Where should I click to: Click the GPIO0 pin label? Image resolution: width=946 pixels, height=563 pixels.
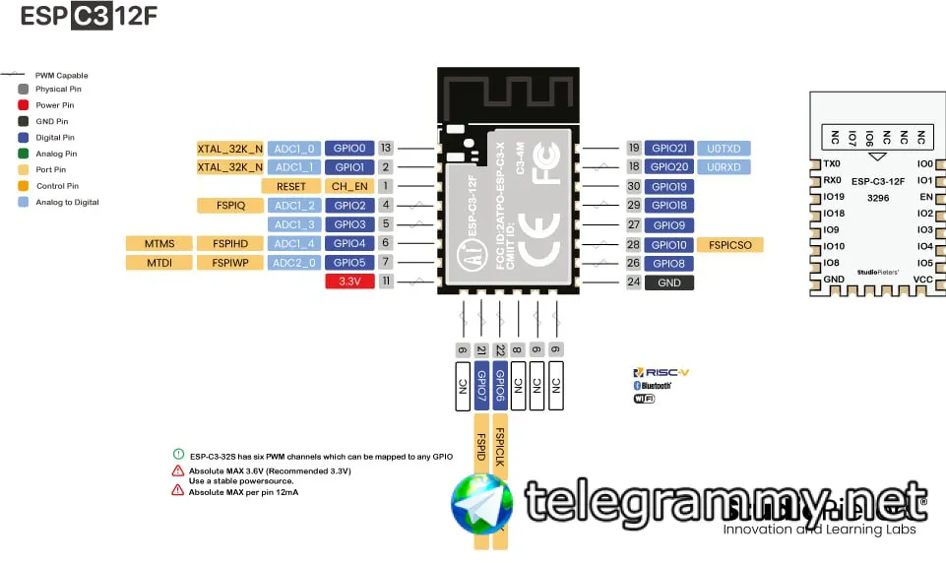(x=349, y=149)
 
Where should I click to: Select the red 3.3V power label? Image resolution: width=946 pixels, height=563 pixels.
(x=349, y=281)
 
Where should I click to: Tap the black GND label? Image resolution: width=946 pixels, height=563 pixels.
(x=669, y=282)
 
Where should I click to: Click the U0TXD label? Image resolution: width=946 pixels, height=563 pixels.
(x=724, y=149)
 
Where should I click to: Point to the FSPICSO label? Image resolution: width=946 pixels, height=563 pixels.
(x=729, y=244)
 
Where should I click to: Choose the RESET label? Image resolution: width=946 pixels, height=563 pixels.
(x=291, y=186)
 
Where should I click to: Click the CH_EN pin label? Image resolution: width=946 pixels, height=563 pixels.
(x=349, y=186)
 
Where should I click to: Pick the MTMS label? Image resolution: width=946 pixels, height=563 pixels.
(x=159, y=243)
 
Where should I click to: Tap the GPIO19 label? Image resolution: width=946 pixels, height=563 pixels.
(x=669, y=186)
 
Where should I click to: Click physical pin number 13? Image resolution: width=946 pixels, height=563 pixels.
(x=386, y=149)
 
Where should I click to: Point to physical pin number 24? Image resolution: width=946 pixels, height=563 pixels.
(x=633, y=282)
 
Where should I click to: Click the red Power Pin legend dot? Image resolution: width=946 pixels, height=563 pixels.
(x=23, y=105)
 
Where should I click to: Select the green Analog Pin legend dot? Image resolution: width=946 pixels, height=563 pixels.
(x=23, y=154)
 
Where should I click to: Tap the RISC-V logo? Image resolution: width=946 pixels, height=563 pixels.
(x=662, y=373)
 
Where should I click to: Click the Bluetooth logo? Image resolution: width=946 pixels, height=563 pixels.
(x=652, y=386)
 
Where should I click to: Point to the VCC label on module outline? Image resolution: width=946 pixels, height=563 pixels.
(x=922, y=280)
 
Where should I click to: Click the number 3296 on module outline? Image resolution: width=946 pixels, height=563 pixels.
(x=878, y=198)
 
